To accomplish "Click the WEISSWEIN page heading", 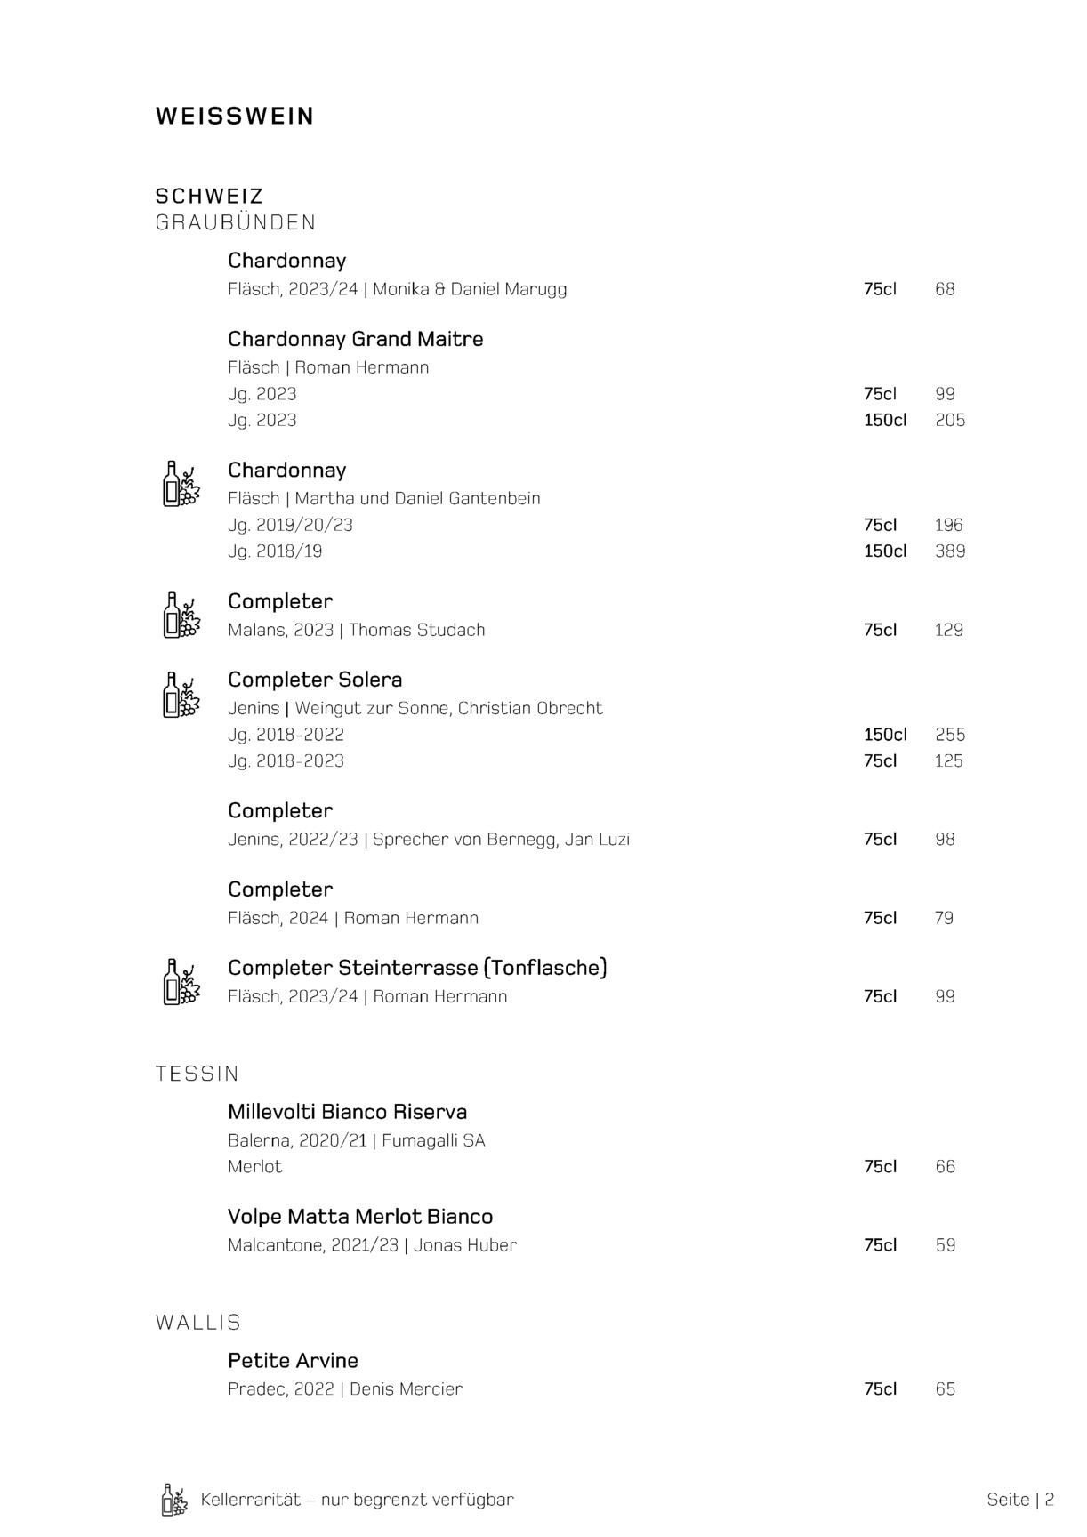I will (x=235, y=117).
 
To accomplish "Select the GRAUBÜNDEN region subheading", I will (x=236, y=222).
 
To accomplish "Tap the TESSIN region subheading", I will (x=197, y=1074).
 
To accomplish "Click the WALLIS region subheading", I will (x=198, y=1323).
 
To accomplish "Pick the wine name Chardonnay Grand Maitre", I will (x=355, y=339).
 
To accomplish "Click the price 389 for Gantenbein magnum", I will (x=949, y=551).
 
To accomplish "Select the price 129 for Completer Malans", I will (x=948, y=630).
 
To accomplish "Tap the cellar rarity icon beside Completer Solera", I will (x=181, y=695).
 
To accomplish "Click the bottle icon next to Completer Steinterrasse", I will (x=181, y=982).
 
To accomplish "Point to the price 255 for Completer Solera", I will (x=949, y=735).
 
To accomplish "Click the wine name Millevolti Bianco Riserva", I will (x=347, y=1112).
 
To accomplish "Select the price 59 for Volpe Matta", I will (x=945, y=1245).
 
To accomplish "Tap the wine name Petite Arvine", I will (x=293, y=1361).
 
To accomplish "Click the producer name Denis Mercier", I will (x=406, y=1389).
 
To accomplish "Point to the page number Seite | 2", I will (x=1019, y=1500).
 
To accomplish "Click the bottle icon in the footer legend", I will (x=174, y=1500).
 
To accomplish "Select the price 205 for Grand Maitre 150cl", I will (x=949, y=420).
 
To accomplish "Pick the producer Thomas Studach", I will (x=416, y=630).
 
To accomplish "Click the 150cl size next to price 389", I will (x=884, y=551).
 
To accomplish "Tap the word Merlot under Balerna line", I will (x=254, y=1167).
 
